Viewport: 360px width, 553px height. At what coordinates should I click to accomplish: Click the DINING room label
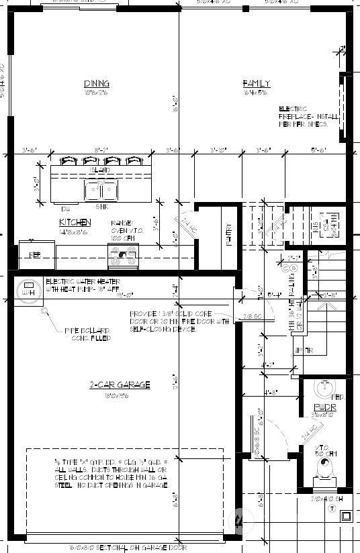[x=97, y=84]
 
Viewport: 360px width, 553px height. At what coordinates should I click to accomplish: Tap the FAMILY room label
[x=257, y=83]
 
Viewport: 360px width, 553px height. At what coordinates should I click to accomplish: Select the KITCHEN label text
[x=75, y=222]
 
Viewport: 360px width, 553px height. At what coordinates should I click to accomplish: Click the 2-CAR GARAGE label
[x=120, y=385]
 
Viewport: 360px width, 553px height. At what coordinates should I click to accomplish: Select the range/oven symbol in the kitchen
[x=124, y=256]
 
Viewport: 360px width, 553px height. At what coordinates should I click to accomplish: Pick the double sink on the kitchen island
[x=101, y=191]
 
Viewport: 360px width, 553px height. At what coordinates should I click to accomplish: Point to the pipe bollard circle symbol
[x=45, y=311]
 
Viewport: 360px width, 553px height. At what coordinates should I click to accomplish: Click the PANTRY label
[x=230, y=236]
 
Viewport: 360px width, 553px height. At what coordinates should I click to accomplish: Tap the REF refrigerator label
[x=36, y=254]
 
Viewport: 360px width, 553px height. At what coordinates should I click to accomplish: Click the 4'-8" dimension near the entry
[x=271, y=391]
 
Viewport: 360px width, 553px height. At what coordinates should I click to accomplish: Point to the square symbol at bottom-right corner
[x=347, y=516]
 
